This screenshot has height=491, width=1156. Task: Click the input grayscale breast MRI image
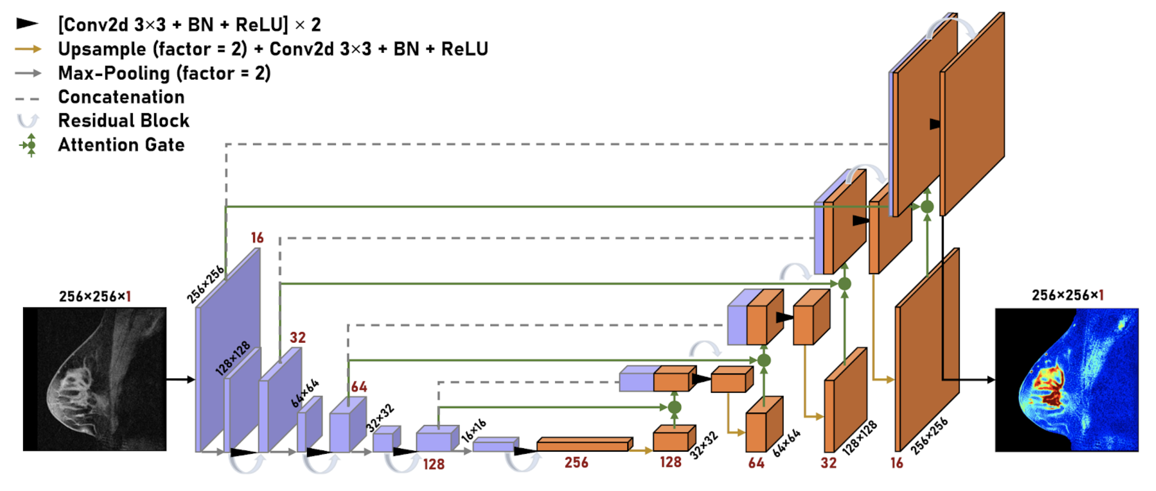pyautogui.click(x=95, y=379)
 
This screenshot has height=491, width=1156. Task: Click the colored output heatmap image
pyautogui.click(x=1067, y=380)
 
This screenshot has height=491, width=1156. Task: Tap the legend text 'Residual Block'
pyautogui.click(x=124, y=121)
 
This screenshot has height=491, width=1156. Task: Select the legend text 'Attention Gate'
pyautogui.click(x=122, y=145)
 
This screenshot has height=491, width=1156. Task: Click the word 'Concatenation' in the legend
pyautogui.click(x=122, y=97)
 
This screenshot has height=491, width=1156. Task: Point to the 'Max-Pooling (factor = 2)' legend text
pyautogui.click(x=165, y=73)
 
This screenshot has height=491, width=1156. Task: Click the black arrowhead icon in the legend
pyautogui.click(x=27, y=24)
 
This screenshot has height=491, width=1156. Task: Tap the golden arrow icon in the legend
pyautogui.click(x=28, y=49)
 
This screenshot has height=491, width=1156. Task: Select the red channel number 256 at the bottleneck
pyautogui.click(x=577, y=462)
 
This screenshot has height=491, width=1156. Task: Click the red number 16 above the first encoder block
pyautogui.click(x=258, y=238)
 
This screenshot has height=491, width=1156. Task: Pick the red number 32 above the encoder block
pyautogui.click(x=298, y=337)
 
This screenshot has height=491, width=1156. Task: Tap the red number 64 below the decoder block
pyautogui.click(x=756, y=463)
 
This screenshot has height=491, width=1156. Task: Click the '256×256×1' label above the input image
pyautogui.click(x=95, y=297)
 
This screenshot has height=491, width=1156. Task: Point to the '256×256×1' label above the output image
pyautogui.click(x=1068, y=295)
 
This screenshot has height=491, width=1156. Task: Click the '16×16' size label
pyautogui.click(x=474, y=430)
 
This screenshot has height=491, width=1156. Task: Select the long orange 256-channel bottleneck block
pyautogui.click(x=585, y=444)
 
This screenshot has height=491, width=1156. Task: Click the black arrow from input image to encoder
pyautogui.click(x=181, y=380)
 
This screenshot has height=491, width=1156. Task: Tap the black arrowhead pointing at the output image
pyautogui.click(x=991, y=380)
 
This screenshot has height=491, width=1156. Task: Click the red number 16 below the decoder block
pyautogui.click(x=897, y=463)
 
